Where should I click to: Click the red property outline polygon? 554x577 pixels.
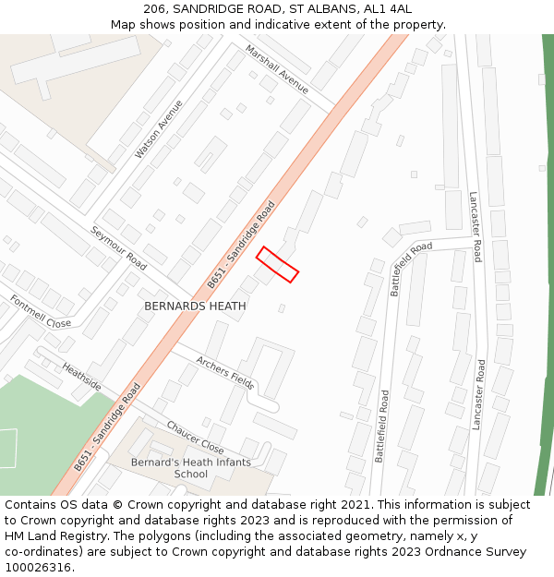coord(277,264)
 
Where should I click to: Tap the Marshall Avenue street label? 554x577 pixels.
coord(276,68)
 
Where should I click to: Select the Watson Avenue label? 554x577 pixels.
coord(159,128)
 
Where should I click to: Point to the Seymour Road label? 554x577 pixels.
coord(118,246)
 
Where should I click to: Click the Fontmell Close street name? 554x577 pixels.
coord(40,312)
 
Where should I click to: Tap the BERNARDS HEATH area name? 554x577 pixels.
coord(195,306)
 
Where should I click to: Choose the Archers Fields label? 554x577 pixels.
coord(225,367)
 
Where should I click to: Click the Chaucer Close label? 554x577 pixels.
coord(195,438)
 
